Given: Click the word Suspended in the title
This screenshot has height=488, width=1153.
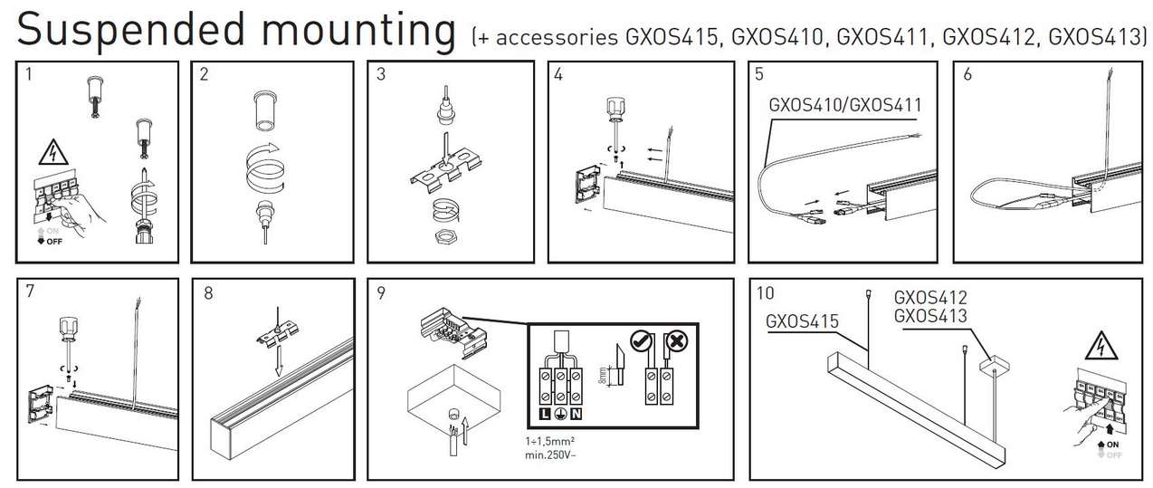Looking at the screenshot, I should pos(124,30).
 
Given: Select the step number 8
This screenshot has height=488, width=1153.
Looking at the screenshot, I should pos(209,293).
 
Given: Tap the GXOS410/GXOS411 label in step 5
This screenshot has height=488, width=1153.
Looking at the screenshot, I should pos(844,105).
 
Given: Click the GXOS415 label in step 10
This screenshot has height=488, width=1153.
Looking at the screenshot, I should pos(800,320).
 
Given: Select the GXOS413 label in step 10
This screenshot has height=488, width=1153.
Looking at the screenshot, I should pos(929,316).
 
